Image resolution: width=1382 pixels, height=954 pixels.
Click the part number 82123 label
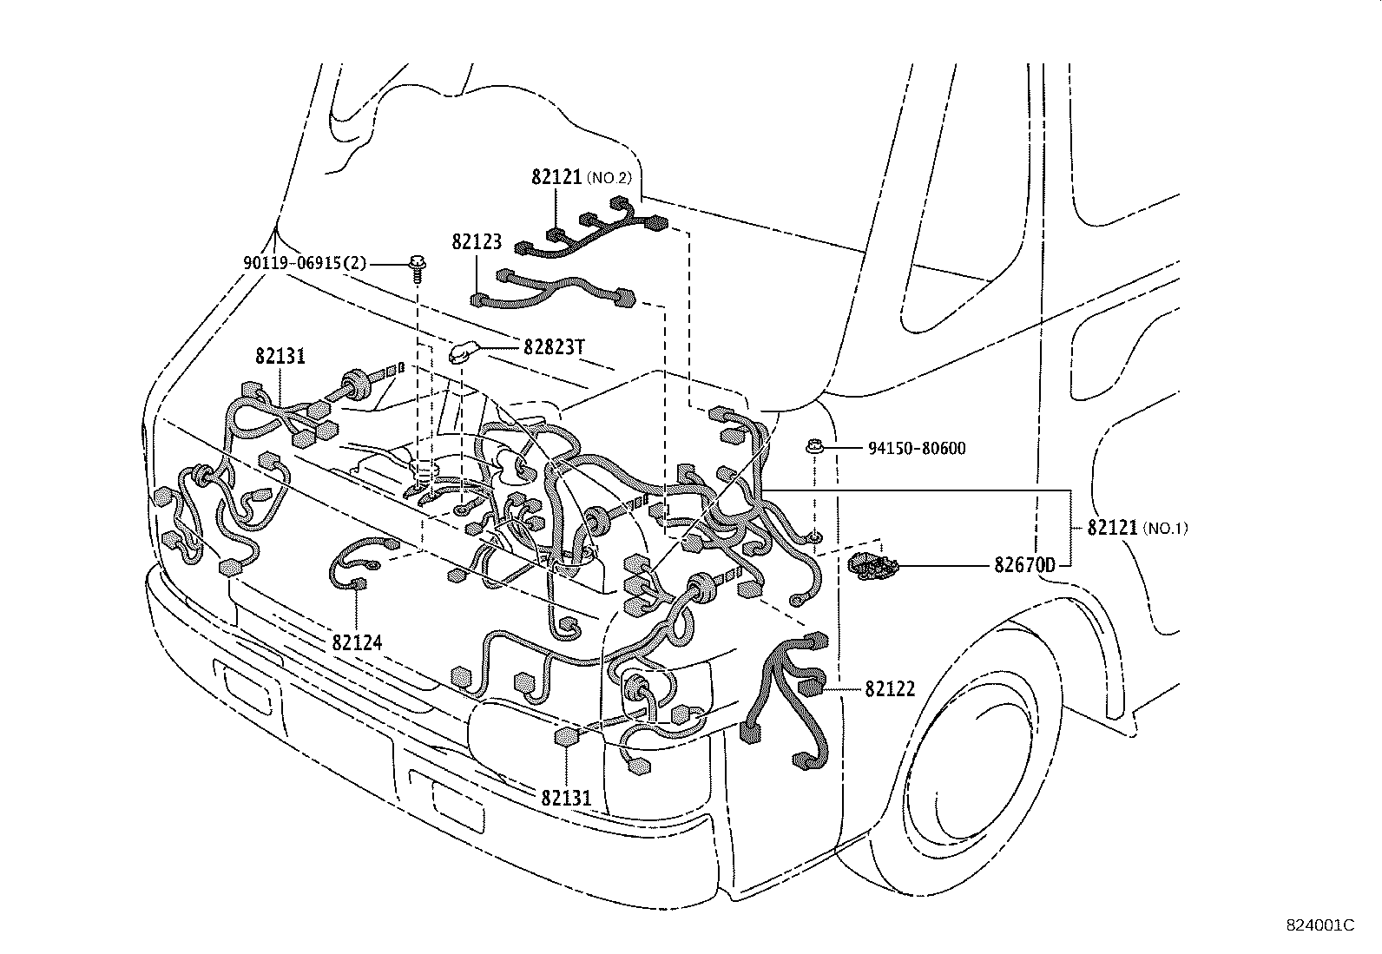[x=477, y=242]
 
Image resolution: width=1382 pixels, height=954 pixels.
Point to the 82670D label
[x=1024, y=566]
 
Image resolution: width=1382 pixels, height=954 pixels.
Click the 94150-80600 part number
[x=916, y=449]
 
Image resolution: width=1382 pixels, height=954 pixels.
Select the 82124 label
[x=357, y=642]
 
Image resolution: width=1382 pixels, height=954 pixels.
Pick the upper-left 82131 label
[x=280, y=356]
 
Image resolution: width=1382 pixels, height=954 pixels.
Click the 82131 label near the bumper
[x=566, y=797]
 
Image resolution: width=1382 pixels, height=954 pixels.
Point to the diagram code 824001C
[x=1319, y=925]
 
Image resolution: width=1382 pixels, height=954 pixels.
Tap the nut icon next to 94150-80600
[x=813, y=448]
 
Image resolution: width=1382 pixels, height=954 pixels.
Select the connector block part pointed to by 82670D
[x=872, y=565]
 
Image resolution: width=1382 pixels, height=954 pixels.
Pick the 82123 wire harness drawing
[x=556, y=291]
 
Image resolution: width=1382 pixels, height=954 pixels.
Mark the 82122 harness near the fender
[x=790, y=694]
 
